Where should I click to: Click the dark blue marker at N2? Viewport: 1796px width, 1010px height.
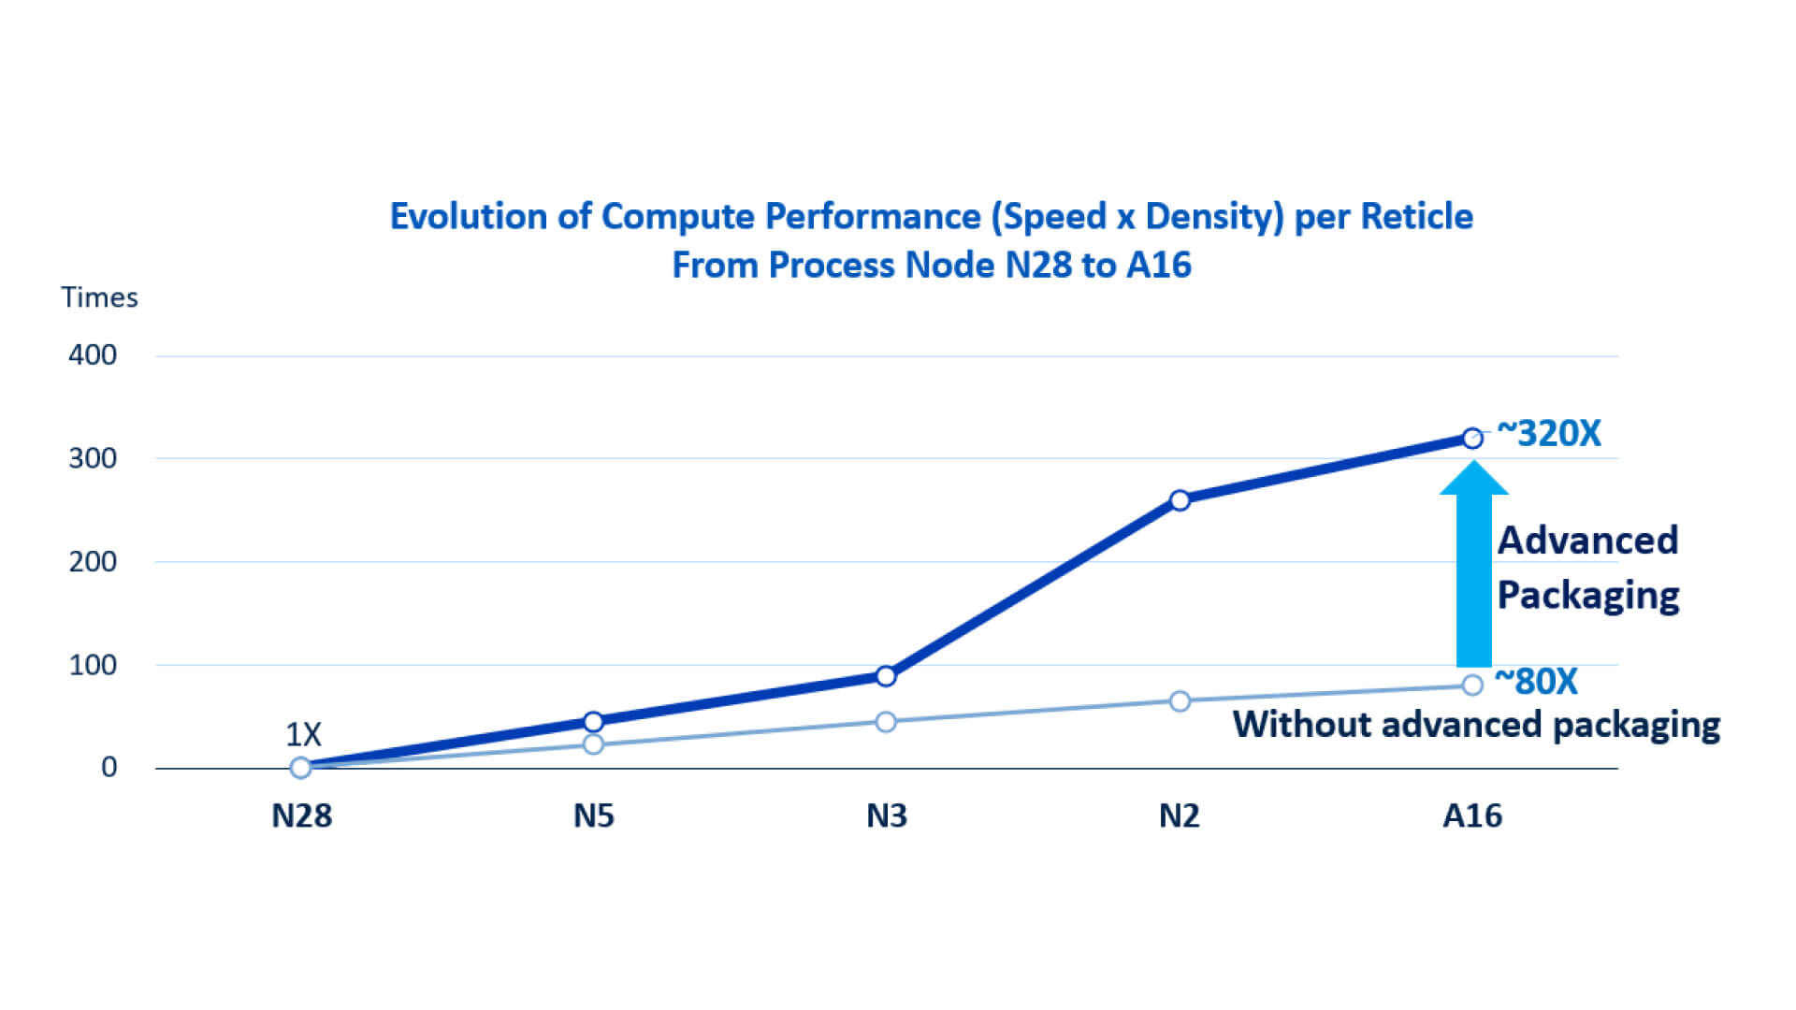point(1180,500)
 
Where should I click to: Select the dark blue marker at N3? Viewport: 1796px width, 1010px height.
point(886,676)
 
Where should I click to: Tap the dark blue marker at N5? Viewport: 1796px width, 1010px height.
point(593,721)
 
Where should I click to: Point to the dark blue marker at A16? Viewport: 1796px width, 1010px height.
point(1472,438)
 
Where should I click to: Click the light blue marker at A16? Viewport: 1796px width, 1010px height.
point(1472,685)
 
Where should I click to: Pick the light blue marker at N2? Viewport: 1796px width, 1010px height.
point(1180,701)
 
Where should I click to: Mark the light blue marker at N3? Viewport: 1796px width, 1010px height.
point(886,722)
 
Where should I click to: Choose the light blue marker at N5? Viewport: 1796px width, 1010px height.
point(593,744)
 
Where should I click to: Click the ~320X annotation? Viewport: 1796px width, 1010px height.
point(1549,434)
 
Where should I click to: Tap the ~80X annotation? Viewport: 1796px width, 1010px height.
point(1536,682)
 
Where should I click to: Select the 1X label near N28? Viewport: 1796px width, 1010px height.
point(303,734)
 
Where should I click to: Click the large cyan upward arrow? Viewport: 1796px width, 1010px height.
point(1473,566)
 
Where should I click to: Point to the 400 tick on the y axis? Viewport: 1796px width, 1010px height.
point(93,355)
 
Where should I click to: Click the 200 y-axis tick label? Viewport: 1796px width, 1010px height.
point(93,562)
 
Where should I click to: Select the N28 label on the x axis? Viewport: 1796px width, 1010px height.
point(301,816)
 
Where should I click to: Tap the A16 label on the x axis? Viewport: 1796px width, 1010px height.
point(1472,816)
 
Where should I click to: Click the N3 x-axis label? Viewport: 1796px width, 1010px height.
point(886,816)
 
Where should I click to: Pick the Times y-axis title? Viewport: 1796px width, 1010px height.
point(99,297)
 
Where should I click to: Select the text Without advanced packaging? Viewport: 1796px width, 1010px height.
point(1476,725)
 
